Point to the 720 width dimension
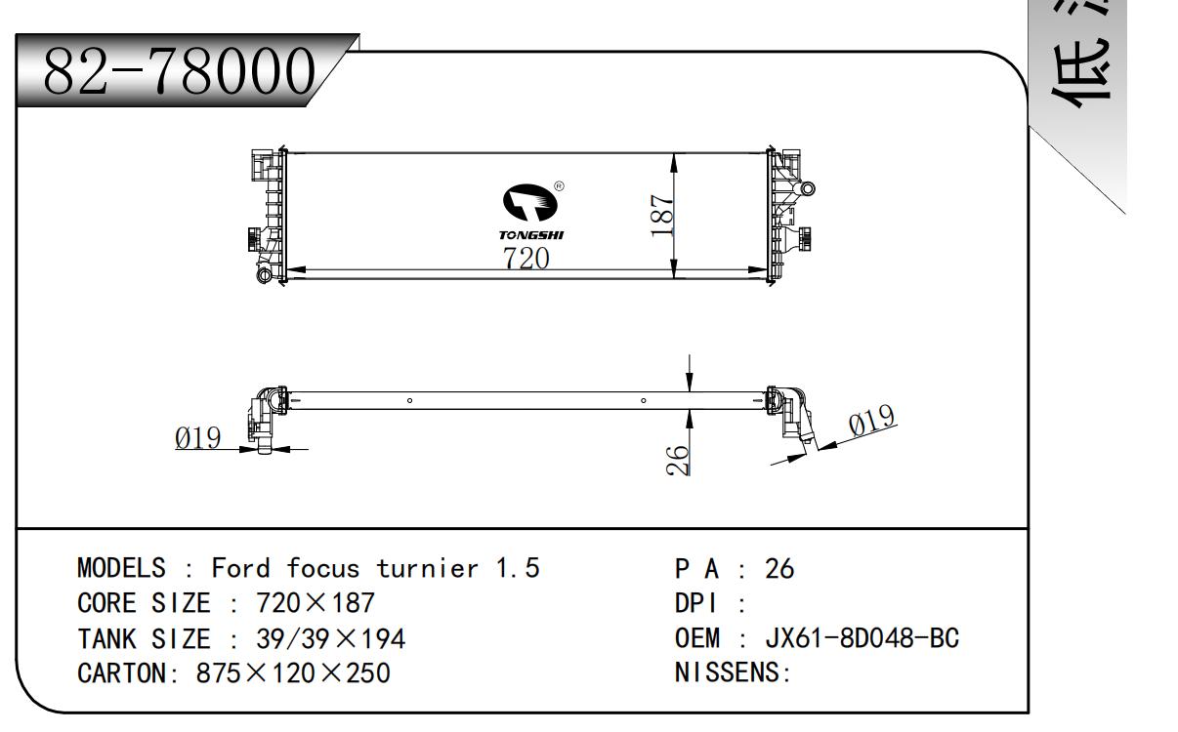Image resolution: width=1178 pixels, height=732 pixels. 526,259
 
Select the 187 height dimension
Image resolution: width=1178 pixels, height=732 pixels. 663,216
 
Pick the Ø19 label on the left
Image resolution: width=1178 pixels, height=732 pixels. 198,438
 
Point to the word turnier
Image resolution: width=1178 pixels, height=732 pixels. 432,567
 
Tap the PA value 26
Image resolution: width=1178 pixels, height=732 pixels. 779,567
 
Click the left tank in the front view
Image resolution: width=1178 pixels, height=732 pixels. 266,215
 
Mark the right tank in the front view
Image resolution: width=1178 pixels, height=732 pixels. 787,215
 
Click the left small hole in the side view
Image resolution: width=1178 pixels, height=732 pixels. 410,400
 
